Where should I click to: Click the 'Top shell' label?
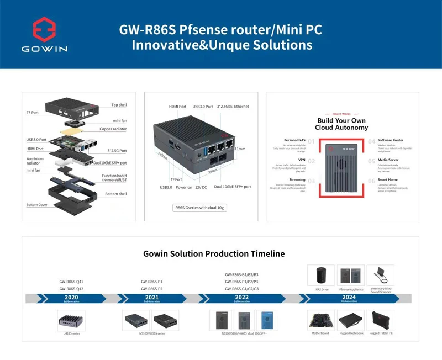119,105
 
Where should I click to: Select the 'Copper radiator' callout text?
113,129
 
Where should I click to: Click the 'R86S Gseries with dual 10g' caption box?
200,208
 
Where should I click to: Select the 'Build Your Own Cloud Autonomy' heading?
341,124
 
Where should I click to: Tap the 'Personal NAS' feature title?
294,140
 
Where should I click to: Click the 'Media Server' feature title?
389,160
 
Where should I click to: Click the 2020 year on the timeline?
71,297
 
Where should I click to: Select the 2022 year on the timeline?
241,297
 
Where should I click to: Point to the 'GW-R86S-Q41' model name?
71,281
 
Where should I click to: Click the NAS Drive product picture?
322,275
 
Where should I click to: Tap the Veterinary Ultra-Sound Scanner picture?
380,275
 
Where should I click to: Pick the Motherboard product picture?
320,320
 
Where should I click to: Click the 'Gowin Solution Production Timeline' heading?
214,254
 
